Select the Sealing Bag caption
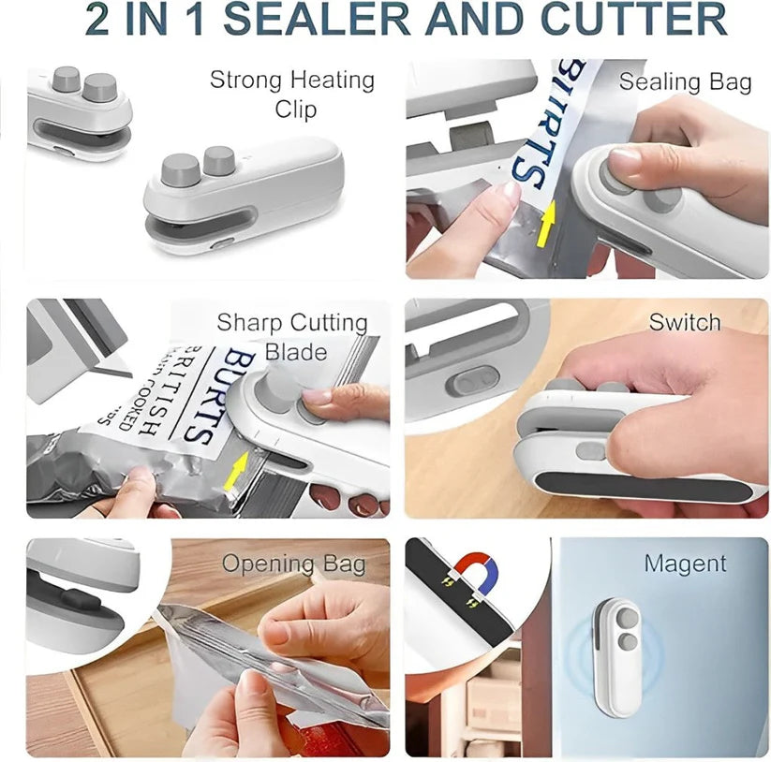point(685,82)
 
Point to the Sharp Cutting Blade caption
point(293,337)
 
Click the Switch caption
point(685,323)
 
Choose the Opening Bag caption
point(293,564)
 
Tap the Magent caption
point(685,564)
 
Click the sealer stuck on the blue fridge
point(619,654)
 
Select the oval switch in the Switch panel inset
point(466,382)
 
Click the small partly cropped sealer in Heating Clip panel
point(81,112)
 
